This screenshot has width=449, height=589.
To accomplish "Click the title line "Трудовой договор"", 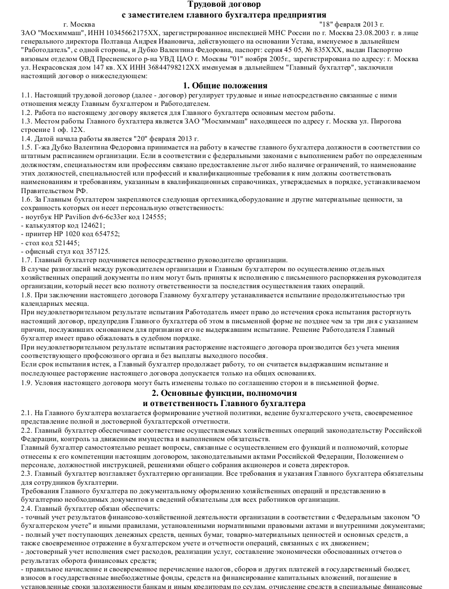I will point(224,5).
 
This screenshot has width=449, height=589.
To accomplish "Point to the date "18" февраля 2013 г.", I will point(352,24).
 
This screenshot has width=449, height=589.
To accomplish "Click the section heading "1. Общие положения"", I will point(224,86).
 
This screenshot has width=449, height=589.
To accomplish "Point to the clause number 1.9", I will point(26,383).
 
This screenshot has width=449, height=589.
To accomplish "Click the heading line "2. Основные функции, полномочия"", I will point(224,392).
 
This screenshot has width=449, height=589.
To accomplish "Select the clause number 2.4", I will point(26,509).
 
